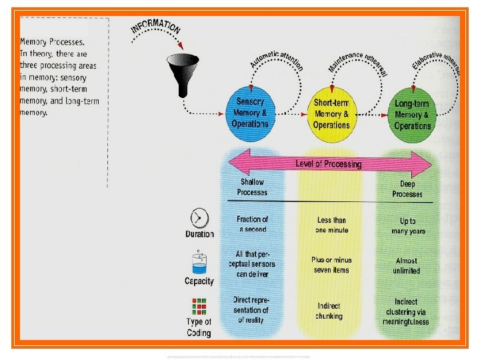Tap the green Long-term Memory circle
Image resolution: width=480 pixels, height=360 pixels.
(x=412, y=114)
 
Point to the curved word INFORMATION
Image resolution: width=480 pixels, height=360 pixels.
(x=156, y=27)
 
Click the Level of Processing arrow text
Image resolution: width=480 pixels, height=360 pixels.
(x=328, y=164)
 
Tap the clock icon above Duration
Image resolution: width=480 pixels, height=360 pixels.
(x=199, y=218)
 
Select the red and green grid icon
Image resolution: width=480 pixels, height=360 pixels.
(x=199, y=307)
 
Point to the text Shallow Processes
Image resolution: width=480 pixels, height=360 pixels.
(x=252, y=187)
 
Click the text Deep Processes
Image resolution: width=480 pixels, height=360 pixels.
(x=407, y=189)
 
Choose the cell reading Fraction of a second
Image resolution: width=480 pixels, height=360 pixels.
(x=252, y=224)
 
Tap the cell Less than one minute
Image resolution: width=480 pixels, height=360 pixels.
(x=331, y=225)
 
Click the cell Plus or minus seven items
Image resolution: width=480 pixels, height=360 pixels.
(x=331, y=265)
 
